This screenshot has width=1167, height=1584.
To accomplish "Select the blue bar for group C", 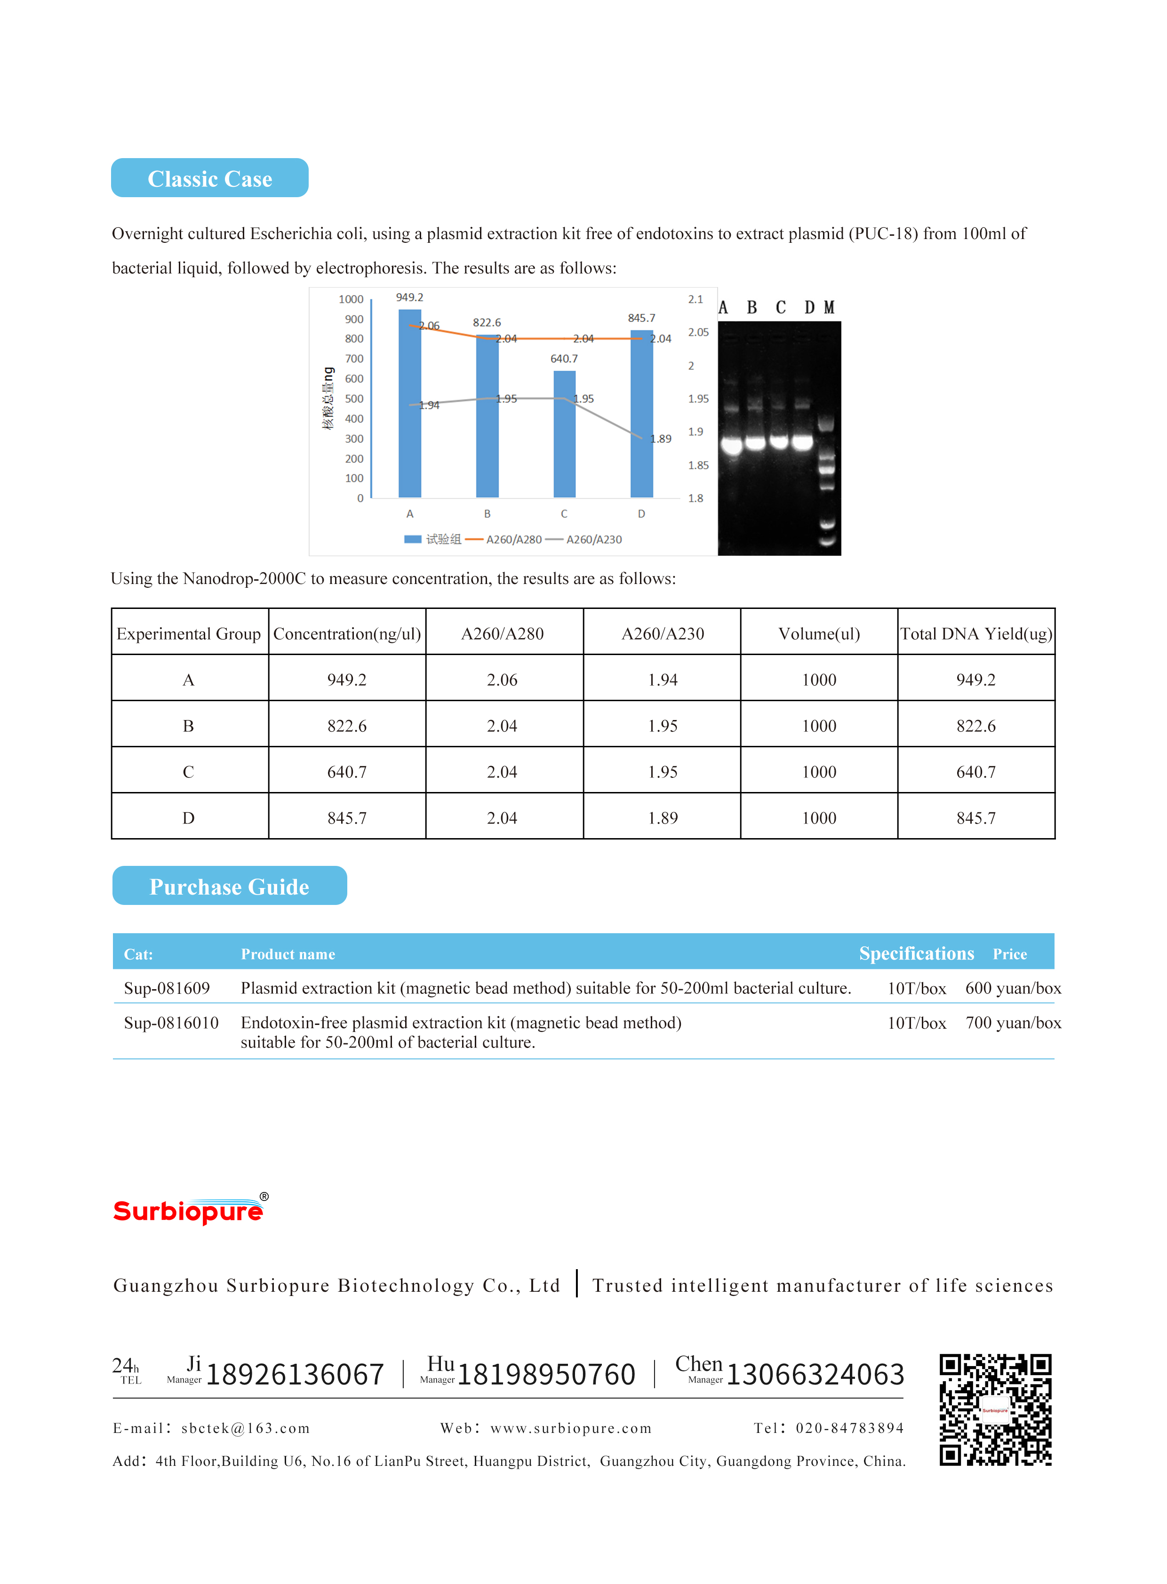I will pyautogui.click(x=564, y=434).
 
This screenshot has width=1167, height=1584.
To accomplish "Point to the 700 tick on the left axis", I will pyautogui.click(x=354, y=359).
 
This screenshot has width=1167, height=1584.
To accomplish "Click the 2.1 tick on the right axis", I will pyautogui.click(x=695, y=300).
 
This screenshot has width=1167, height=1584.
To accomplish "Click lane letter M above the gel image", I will pyautogui.click(x=829, y=308).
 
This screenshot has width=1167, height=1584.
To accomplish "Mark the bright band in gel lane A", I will pyautogui.click(x=731, y=445).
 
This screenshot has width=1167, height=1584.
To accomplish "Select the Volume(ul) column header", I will pyautogui.click(x=819, y=634).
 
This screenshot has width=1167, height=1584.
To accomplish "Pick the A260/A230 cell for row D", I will pyautogui.click(x=662, y=818).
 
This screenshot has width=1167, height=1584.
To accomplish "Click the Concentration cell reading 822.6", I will pyautogui.click(x=347, y=726).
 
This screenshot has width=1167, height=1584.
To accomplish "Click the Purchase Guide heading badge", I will pyautogui.click(x=230, y=886).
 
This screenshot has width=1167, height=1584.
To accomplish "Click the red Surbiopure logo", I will pyautogui.click(x=189, y=1211).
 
